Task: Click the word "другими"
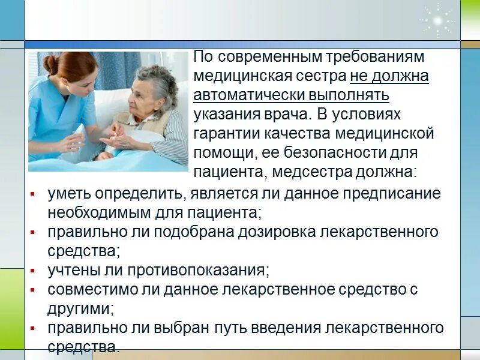pos(80,308)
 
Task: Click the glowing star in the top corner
pos(437,20)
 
